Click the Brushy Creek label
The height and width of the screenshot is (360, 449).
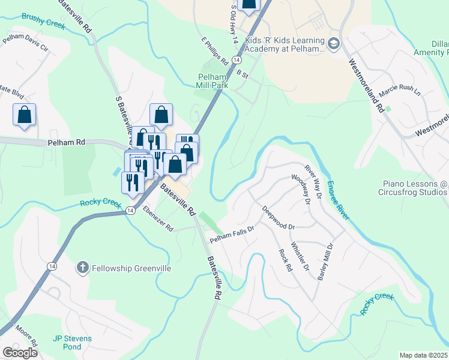click(43, 18)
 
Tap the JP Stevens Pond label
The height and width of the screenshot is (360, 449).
click(72, 343)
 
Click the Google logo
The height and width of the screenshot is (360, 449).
click(20, 353)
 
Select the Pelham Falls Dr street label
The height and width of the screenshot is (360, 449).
click(232, 234)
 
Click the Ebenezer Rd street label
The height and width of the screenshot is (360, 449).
click(158, 220)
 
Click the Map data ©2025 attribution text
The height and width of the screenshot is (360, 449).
click(424, 355)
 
